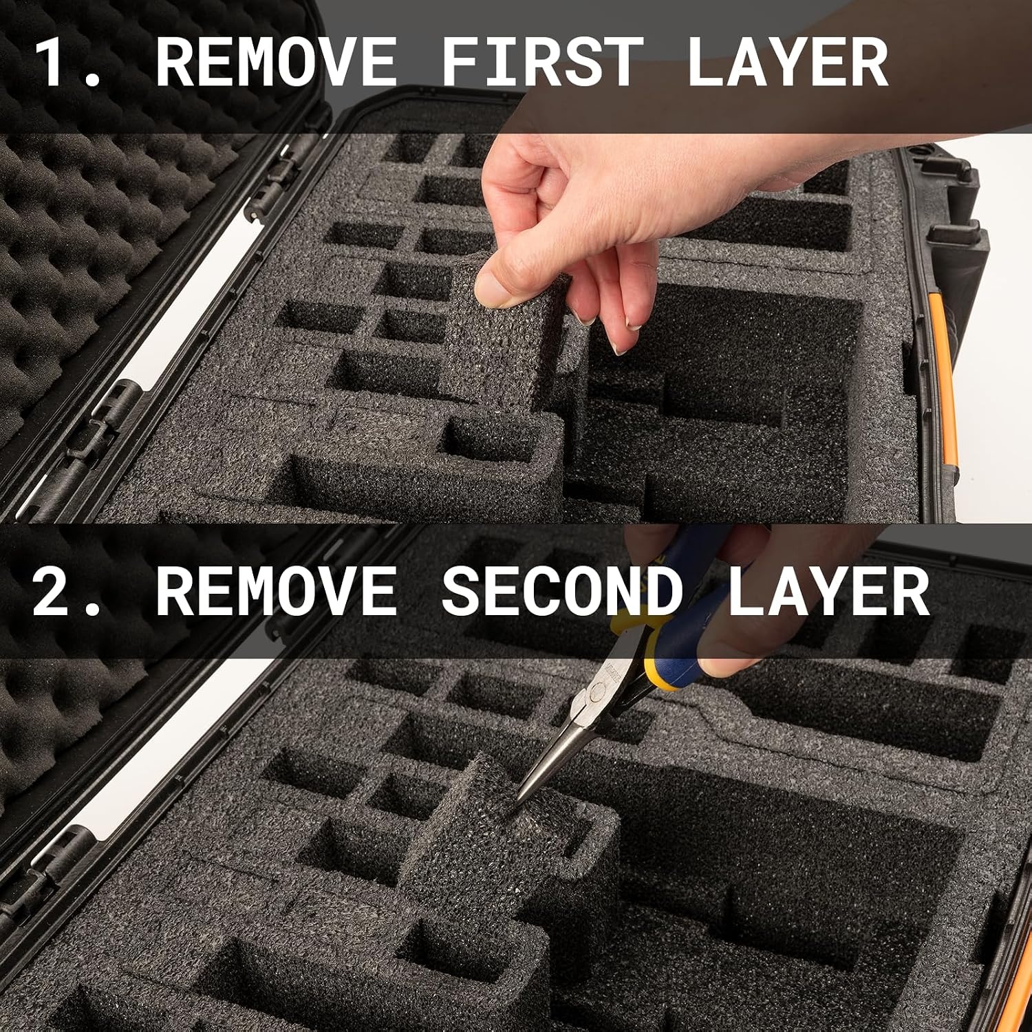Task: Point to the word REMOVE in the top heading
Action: pyautogui.click(x=276, y=62)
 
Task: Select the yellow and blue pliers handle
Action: pyautogui.click(x=681, y=619)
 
